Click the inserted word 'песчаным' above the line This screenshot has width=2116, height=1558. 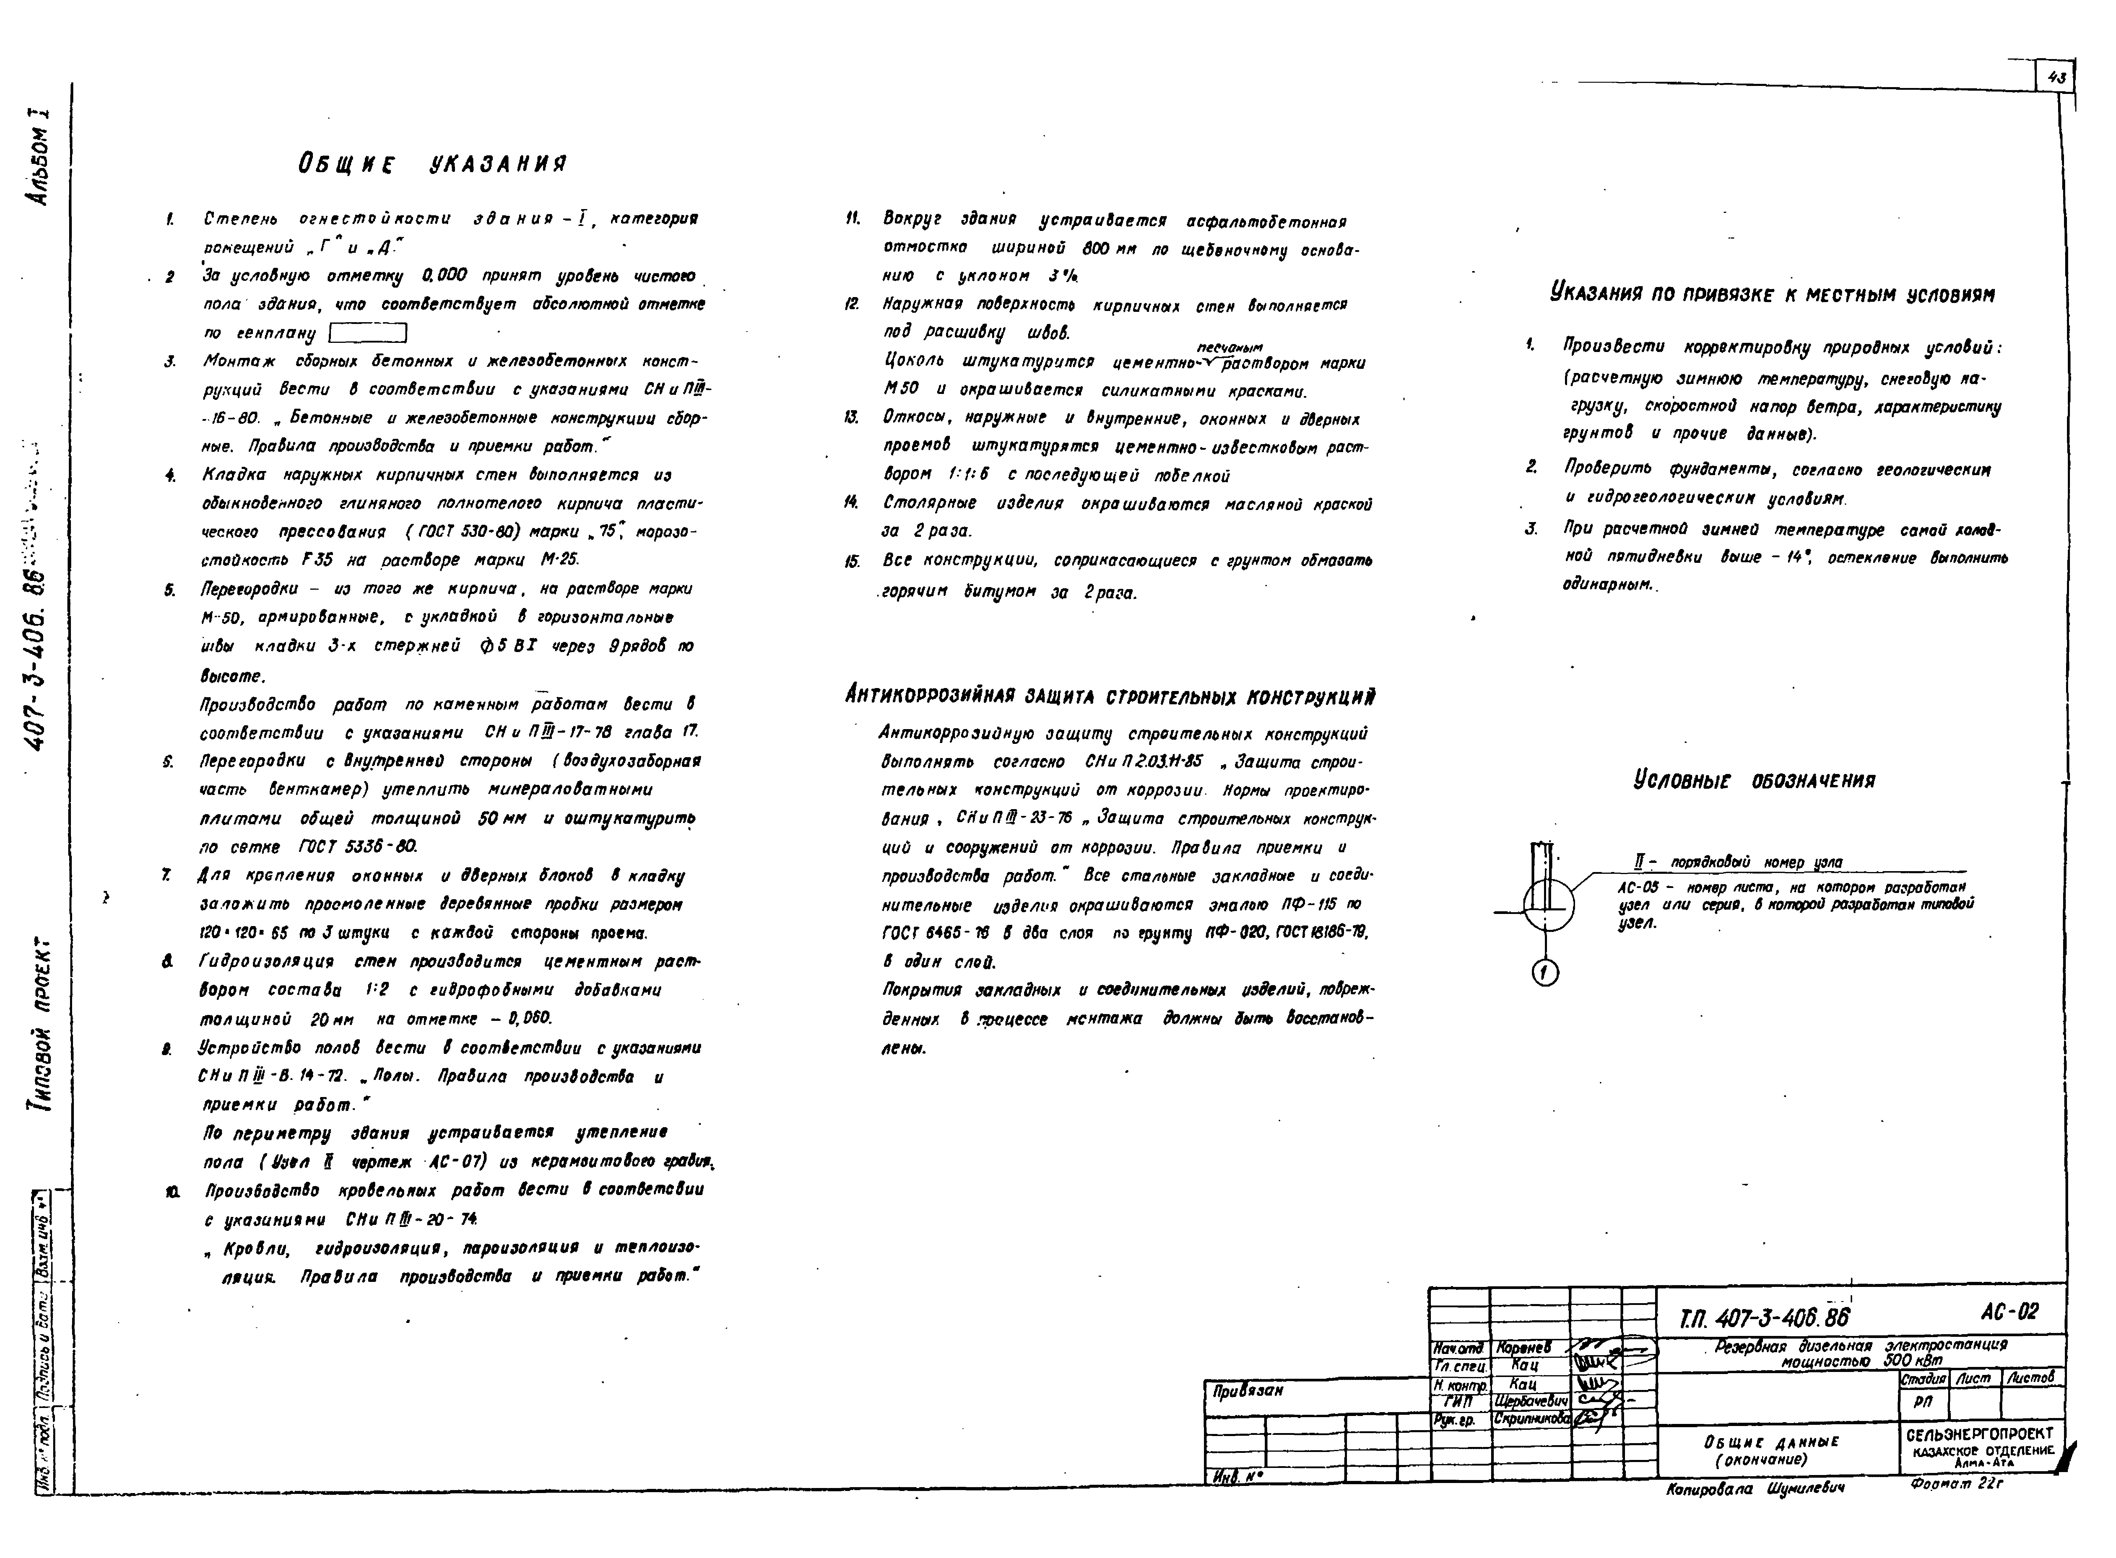(x=1229, y=347)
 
